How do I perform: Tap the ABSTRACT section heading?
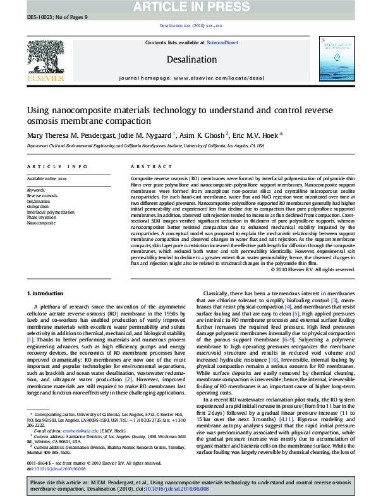(147, 167)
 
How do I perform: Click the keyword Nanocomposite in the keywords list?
(40, 223)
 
